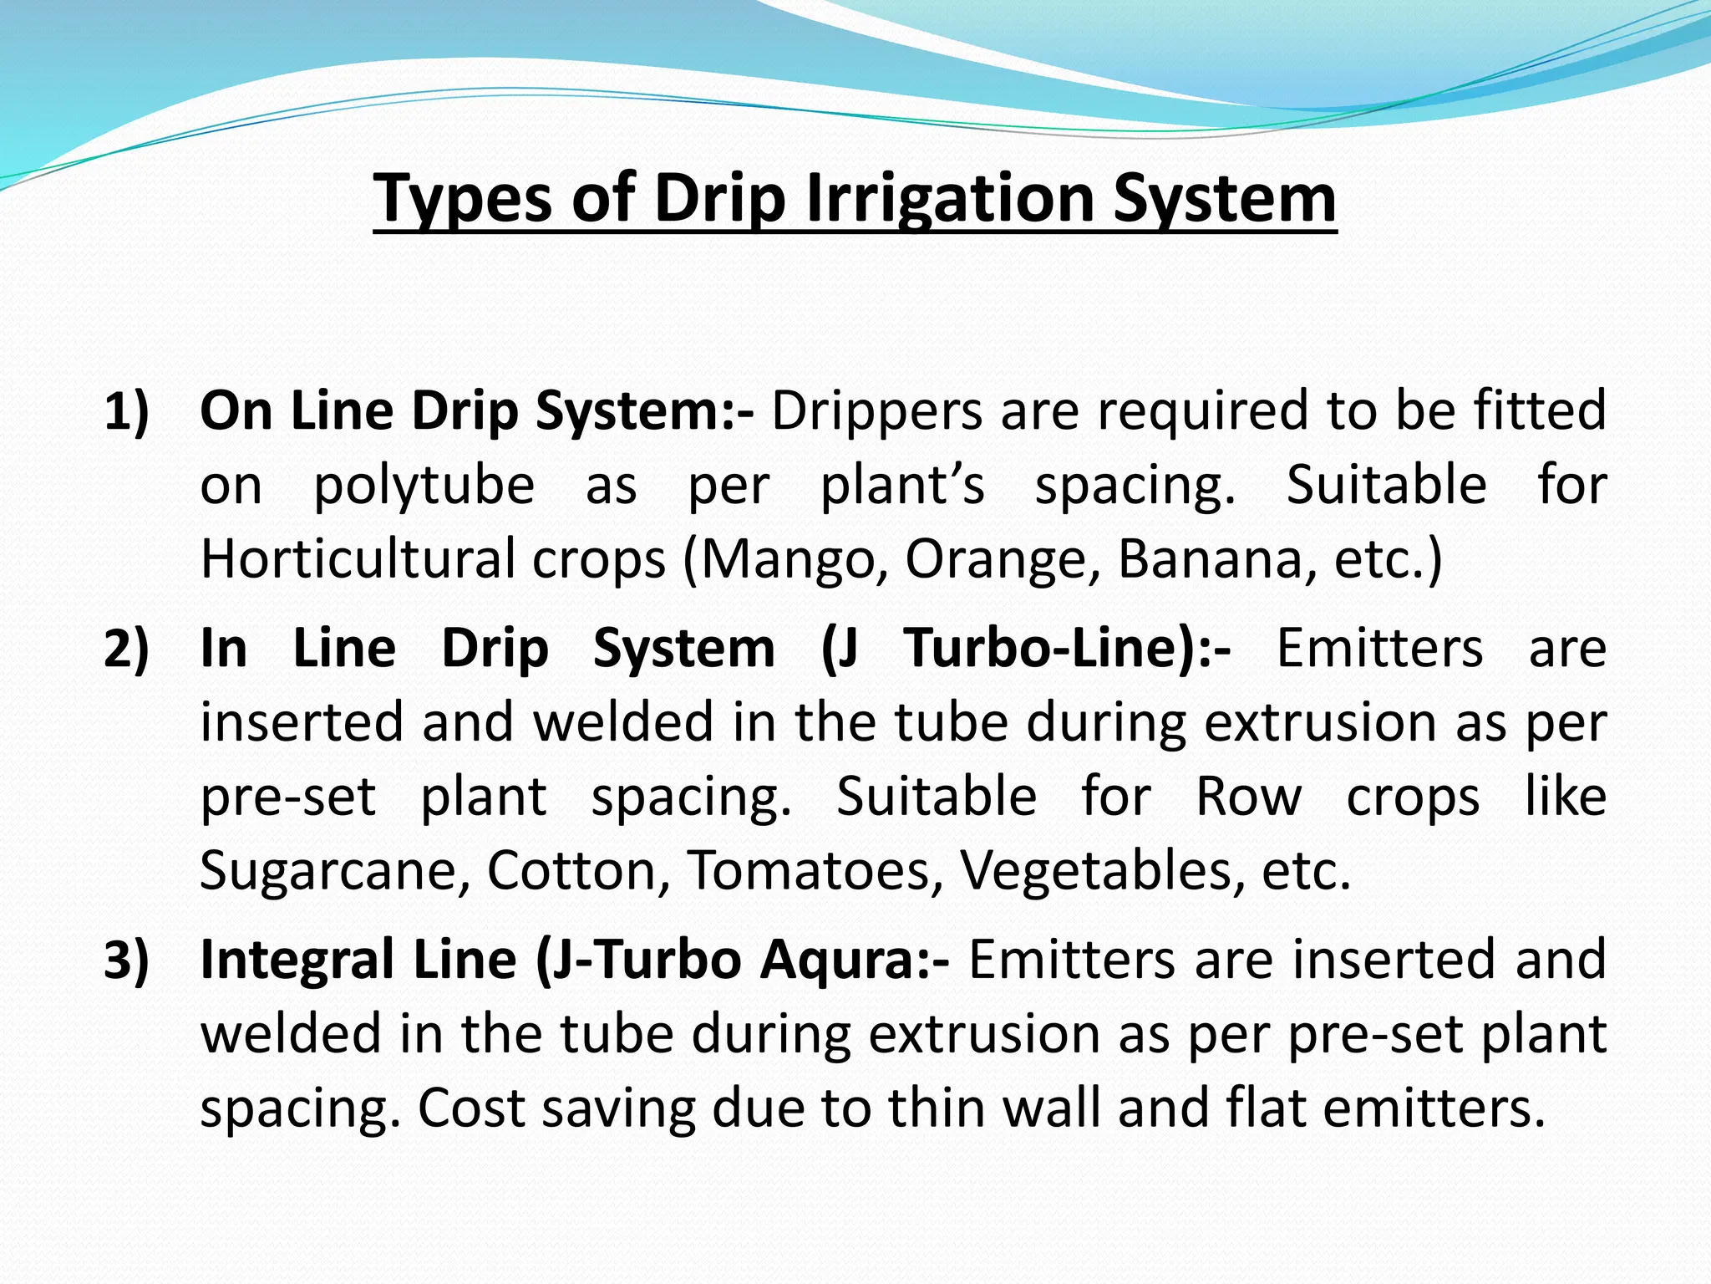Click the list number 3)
tap(126, 959)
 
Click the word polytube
tap(424, 485)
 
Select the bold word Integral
tap(296, 959)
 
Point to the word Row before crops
tap(1248, 796)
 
